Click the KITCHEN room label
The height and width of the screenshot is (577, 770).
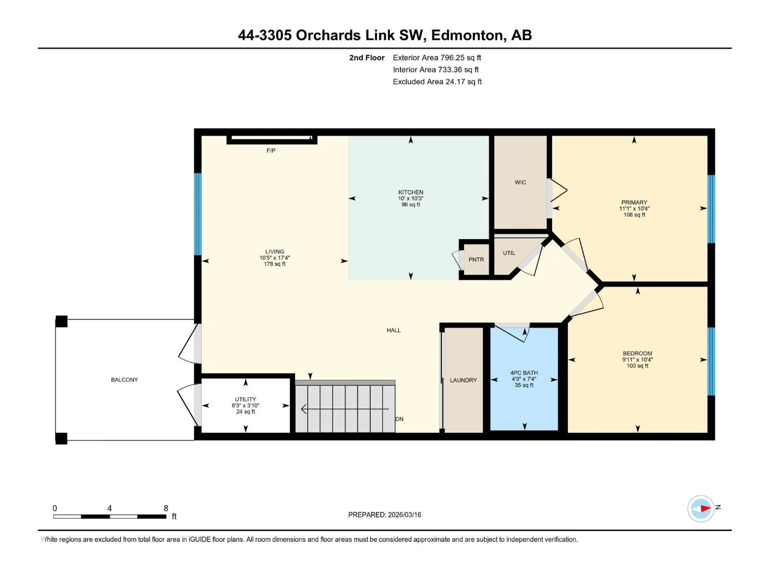(410, 192)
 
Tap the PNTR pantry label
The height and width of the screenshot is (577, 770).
(476, 259)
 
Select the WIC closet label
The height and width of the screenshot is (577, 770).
(520, 182)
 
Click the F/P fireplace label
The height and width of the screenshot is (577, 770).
(271, 151)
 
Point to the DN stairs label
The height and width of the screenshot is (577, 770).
(399, 419)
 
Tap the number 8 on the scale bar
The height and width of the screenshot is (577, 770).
(166, 508)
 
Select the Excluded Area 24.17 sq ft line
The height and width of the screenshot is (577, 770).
(437, 82)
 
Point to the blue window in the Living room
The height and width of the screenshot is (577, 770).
(198, 214)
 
